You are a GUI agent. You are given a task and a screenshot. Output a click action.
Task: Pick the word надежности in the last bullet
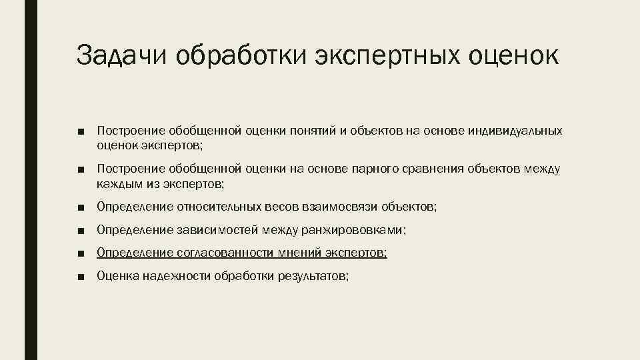pos(176,275)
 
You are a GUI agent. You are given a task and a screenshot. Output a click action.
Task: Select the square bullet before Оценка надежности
pos(80,276)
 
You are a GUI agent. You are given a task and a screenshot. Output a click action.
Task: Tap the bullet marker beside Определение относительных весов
pos(80,209)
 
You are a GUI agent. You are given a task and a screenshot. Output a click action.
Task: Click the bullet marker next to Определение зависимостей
pos(80,231)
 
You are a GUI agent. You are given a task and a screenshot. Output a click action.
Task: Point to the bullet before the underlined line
pos(80,253)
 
